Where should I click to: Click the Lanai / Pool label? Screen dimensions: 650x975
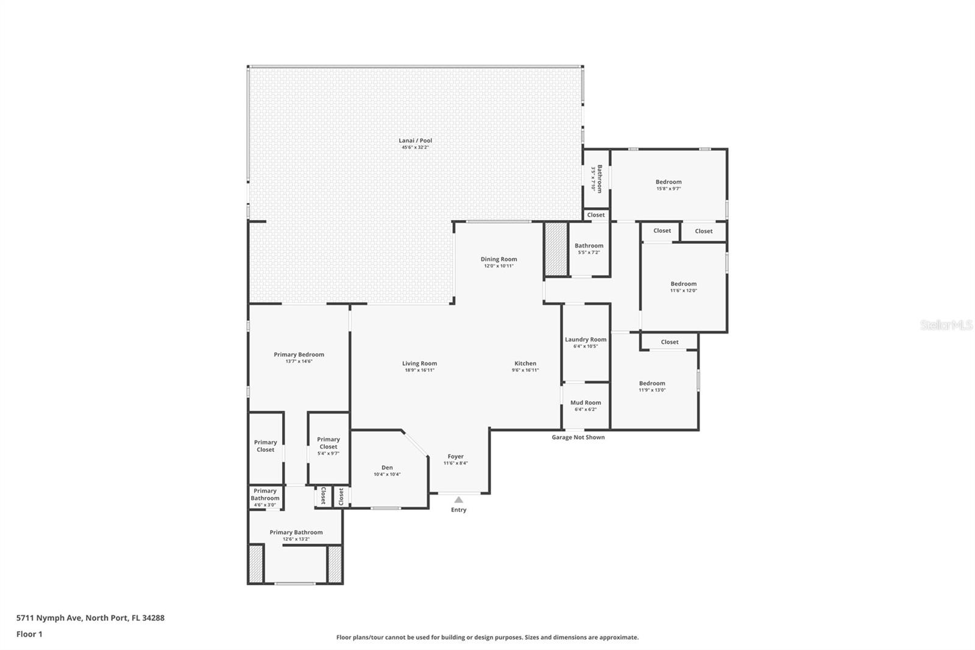[x=416, y=141]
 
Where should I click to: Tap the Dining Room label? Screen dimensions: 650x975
[x=498, y=259]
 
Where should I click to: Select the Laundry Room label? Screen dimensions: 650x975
[x=586, y=340]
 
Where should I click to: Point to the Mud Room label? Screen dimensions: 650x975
[x=586, y=402]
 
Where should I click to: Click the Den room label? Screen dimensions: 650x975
[x=387, y=468]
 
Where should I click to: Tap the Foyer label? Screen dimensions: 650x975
[x=456, y=456]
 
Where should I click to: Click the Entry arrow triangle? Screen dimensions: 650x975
[x=459, y=500]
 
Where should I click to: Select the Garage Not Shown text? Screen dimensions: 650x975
[x=578, y=437]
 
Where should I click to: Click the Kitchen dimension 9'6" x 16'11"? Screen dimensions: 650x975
[x=525, y=370]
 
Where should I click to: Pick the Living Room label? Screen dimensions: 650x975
[x=419, y=363]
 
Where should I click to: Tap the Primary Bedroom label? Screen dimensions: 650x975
[x=299, y=354]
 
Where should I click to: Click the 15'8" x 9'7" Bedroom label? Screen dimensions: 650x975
[x=668, y=182]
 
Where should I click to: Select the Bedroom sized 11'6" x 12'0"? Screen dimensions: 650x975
[x=684, y=284]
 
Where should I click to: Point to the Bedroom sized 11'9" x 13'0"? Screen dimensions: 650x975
[x=652, y=384]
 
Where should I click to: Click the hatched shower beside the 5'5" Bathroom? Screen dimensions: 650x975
[x=556, y=249]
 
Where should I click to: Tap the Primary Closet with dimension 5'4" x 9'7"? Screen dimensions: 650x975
[x=328, y=443]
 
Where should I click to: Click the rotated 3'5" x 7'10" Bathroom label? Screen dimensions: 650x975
[x=599, y=179]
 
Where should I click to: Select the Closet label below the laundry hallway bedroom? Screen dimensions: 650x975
[x=670, y=342]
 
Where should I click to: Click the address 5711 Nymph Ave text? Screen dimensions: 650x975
[x=90, y=618]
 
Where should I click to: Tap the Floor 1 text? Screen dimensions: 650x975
[x=29, y=634]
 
